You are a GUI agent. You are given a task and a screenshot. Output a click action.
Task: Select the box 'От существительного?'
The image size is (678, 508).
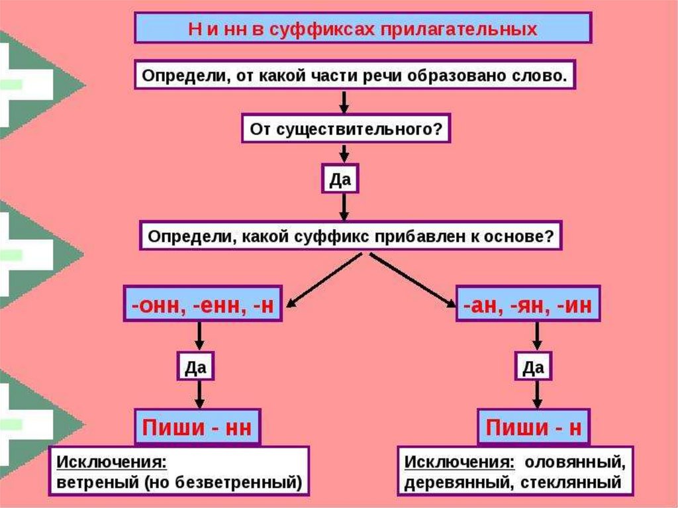(346, 128)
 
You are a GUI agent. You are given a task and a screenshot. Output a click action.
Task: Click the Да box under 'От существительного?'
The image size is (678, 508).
(340, 179)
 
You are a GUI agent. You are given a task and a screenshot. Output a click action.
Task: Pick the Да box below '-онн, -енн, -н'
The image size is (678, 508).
(195, 367)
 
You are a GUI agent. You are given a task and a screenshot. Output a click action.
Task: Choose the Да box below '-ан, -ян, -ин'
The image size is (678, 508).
(533, 367)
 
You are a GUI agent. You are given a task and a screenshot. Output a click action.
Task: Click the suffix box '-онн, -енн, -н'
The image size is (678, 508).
(203, 304)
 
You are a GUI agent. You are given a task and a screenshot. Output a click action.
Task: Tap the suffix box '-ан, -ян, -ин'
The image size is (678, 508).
(528, 304)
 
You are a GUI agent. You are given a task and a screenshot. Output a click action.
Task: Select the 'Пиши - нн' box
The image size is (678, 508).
(197, 427)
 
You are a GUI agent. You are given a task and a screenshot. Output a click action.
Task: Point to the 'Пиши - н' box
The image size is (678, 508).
(534, 427)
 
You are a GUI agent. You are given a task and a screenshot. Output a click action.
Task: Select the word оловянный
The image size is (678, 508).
(575, 462)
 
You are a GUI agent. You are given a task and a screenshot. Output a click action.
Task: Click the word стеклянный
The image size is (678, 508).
(571, 482)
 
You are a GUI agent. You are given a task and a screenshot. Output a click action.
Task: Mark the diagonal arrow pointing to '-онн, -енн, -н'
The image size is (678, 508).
(324, 280)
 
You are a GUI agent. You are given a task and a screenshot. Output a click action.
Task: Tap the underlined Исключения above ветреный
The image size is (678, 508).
(111, 462)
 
